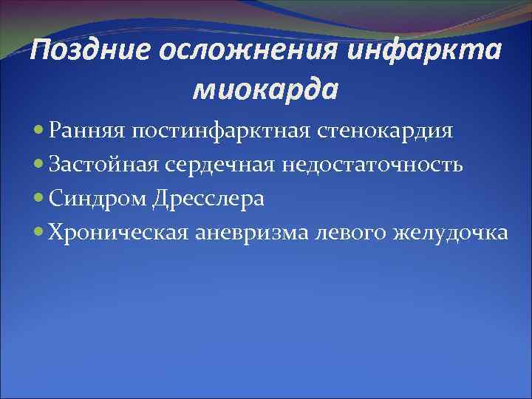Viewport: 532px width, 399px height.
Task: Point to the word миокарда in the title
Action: tap(265, 89)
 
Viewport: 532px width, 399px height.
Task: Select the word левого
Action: tap(352, 233)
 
